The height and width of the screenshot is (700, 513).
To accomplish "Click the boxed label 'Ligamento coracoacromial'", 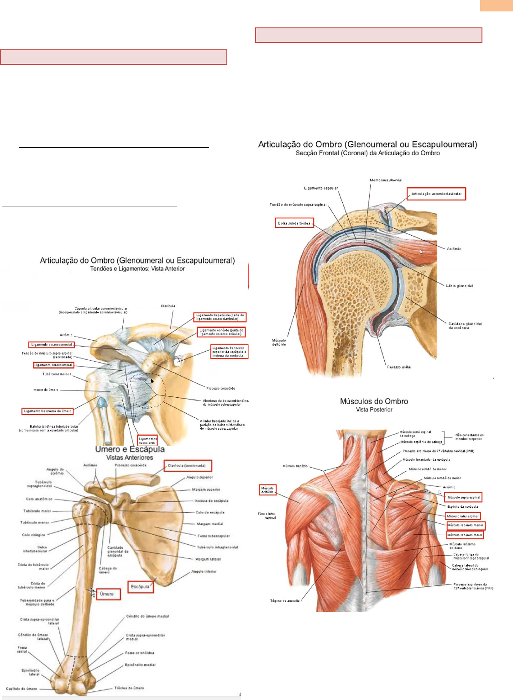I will click(51, 345).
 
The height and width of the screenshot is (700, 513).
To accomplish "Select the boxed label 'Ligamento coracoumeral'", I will click(53, 365).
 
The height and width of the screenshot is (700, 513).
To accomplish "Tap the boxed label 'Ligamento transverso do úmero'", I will click(47, 411).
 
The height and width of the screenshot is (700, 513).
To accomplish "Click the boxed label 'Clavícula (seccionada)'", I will click(188, 466).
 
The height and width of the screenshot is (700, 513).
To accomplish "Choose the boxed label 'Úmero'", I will click(108, 594).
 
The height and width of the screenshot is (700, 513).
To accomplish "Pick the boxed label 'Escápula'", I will click(140, 586).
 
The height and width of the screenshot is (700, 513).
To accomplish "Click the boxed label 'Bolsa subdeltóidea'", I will click(294, 223).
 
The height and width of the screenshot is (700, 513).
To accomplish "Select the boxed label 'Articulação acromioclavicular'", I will click(436, 194).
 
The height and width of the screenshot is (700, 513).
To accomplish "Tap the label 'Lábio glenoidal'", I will click(459, 286).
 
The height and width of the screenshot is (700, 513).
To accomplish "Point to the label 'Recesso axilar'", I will click(399, 367).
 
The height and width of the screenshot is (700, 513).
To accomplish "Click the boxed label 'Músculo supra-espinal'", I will click(463, 497).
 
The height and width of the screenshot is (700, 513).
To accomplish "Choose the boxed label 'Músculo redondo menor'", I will click(466, 526).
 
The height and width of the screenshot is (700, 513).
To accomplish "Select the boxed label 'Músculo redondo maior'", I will click(465, 535).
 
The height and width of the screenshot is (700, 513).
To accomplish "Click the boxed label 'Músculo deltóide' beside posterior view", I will click(267, 490).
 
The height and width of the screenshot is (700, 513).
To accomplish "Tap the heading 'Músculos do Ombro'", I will click(374, 401).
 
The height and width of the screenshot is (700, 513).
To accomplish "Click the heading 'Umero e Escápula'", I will click(130, 449).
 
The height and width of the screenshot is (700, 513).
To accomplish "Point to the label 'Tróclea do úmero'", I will click(129, 688).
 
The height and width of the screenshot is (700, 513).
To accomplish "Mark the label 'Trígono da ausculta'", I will click(285, 601).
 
